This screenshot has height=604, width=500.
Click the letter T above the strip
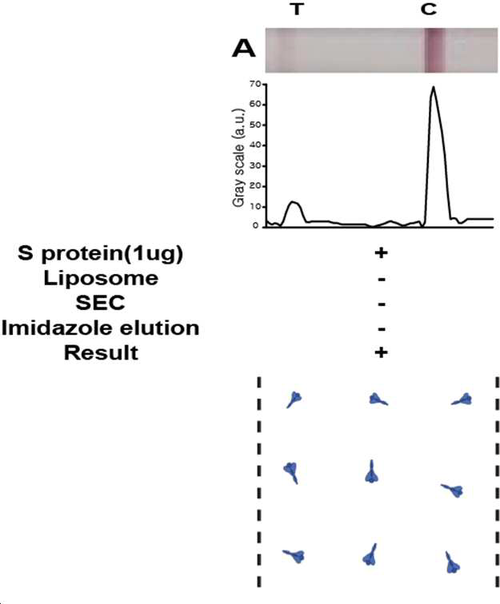pos(296,10)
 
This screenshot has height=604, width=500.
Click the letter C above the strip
pos(429,10)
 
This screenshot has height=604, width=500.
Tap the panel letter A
pos(243,49)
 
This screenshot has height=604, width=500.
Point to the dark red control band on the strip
pos(434,50)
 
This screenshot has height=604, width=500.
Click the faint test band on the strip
pos(285,50)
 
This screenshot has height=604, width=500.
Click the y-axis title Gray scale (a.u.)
pos(238,158)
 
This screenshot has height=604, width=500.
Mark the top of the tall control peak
pos(434,86)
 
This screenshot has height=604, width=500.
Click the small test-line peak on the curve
pos(294,202)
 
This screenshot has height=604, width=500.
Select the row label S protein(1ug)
pos(100,253)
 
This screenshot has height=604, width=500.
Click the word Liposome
pos(101,278)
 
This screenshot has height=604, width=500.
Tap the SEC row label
pos(100,303)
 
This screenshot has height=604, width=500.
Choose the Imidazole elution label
pos(100,328)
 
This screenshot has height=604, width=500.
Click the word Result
pos(101,353)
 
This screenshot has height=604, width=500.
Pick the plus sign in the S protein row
pos(381,252)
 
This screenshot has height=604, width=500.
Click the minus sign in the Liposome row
pos(382,280)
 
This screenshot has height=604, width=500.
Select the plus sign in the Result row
pos(381,352)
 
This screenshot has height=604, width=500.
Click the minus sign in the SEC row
pos(382,304)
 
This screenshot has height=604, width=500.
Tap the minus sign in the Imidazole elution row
pos(382,329)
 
